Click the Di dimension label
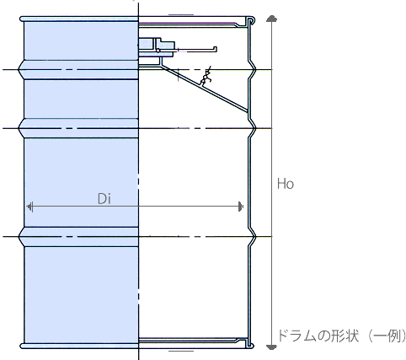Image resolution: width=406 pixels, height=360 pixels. (x=104, y=199)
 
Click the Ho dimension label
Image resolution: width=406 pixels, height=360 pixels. (x=286, y=184)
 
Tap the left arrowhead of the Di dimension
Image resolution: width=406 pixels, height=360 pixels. (x=29, y=207)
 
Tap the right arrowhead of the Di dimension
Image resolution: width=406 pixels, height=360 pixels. (x=241, y=207)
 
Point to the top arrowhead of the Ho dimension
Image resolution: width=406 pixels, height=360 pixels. (x=271, y=19)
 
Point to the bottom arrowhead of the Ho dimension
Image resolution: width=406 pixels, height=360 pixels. (x=271, y=347)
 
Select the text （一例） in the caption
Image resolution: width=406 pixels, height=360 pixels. (x=387, y=336)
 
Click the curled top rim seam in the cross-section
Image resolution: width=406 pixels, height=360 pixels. (x=250, y=21)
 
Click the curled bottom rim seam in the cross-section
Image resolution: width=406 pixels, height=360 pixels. (x=250, y=344)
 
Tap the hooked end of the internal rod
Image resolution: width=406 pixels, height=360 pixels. (x=215, y=50)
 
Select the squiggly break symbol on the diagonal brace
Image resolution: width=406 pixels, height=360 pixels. (x=206, y=76)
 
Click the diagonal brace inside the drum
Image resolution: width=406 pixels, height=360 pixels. (x=205, y=89)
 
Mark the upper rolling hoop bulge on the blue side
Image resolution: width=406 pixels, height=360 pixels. (x=78, y=69)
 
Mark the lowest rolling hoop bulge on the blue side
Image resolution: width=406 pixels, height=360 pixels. (x=78, y=237)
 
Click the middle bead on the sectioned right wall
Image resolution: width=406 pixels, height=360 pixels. (x=253, y=128)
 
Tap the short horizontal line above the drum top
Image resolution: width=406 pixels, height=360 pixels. (x=181, y=14)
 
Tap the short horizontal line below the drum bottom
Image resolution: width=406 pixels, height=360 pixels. (x=181, y=351)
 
